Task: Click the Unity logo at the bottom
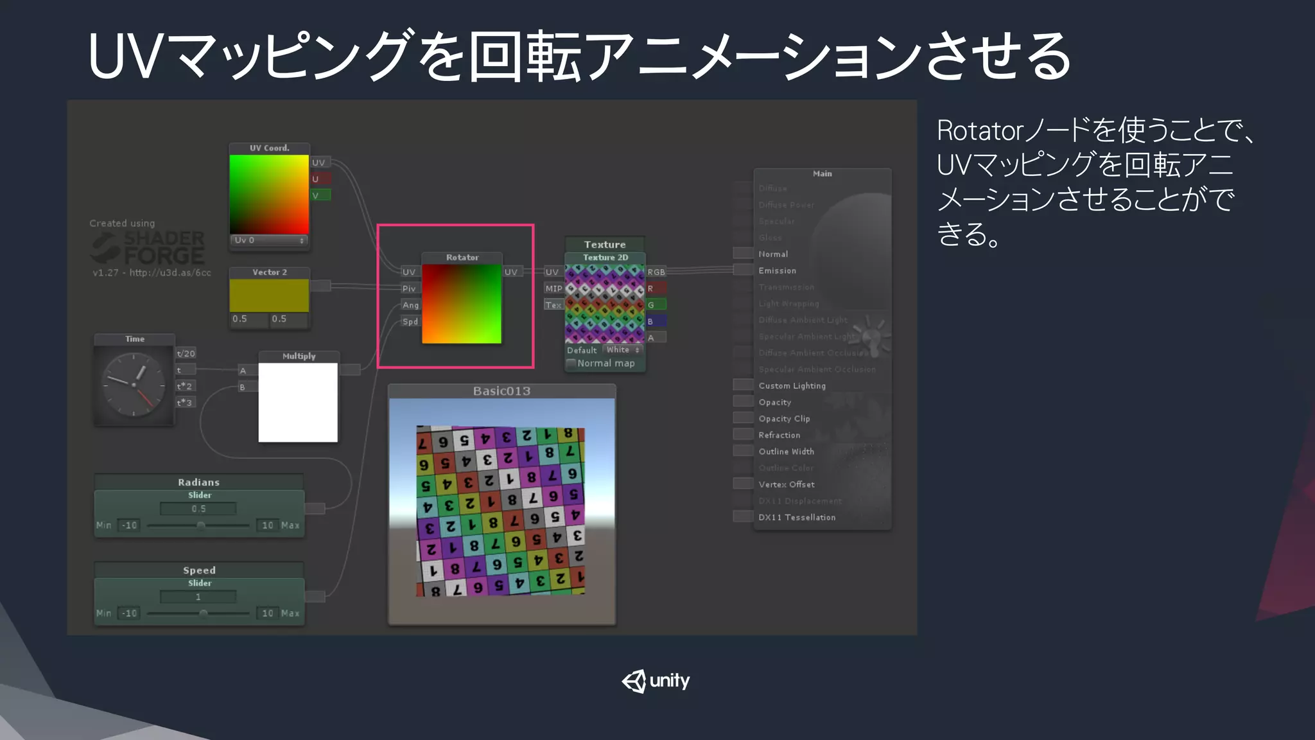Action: click(656, 681)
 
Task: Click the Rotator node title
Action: click(462, 258)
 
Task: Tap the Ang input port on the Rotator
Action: click(410, 305)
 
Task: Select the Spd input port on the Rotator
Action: click(410, 322)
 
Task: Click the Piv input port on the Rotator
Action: click(409, 288)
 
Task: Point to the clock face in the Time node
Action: click(134, 385)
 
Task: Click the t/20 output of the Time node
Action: click(186, 353)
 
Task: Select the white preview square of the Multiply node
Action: click(298, 403)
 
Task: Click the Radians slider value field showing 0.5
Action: click(198, 509)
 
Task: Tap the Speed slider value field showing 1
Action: click(198, 597)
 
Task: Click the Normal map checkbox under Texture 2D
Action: click(571, 364)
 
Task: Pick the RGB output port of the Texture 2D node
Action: click(656, 272)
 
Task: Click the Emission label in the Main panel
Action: click(777, 271)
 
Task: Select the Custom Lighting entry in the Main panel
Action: click(792, 385)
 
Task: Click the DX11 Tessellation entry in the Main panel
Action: click(797, 517)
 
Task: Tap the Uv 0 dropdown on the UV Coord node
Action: click(269, 240)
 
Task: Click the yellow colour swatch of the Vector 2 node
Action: click(269, 295)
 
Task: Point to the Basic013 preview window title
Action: click(501, 391)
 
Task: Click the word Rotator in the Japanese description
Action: click(980, 131)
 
